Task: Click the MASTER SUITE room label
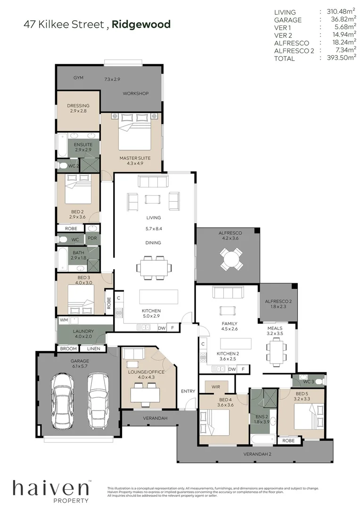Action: click(x=135, y=158)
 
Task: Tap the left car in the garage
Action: click(x=64, y=401)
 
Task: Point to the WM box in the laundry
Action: click(x=64, y=320)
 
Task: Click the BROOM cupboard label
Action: click(x=68, y=349)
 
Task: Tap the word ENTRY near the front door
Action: click(x=188, y=391)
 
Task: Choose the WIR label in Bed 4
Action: click(x=216, y=386)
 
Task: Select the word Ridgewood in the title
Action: click(x=141, y=25)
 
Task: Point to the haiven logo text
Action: click(x=50, y=488)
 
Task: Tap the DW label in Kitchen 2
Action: click(x=232, y=369)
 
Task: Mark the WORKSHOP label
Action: click(x=136, y=93)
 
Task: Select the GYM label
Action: click(x=78, y=78)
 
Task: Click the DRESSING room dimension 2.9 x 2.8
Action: click(x=78, y=111)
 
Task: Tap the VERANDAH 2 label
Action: click(x=257, y=454)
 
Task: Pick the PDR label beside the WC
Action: click(x=92, y=238)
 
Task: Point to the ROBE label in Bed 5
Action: click(x=288, y=441)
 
